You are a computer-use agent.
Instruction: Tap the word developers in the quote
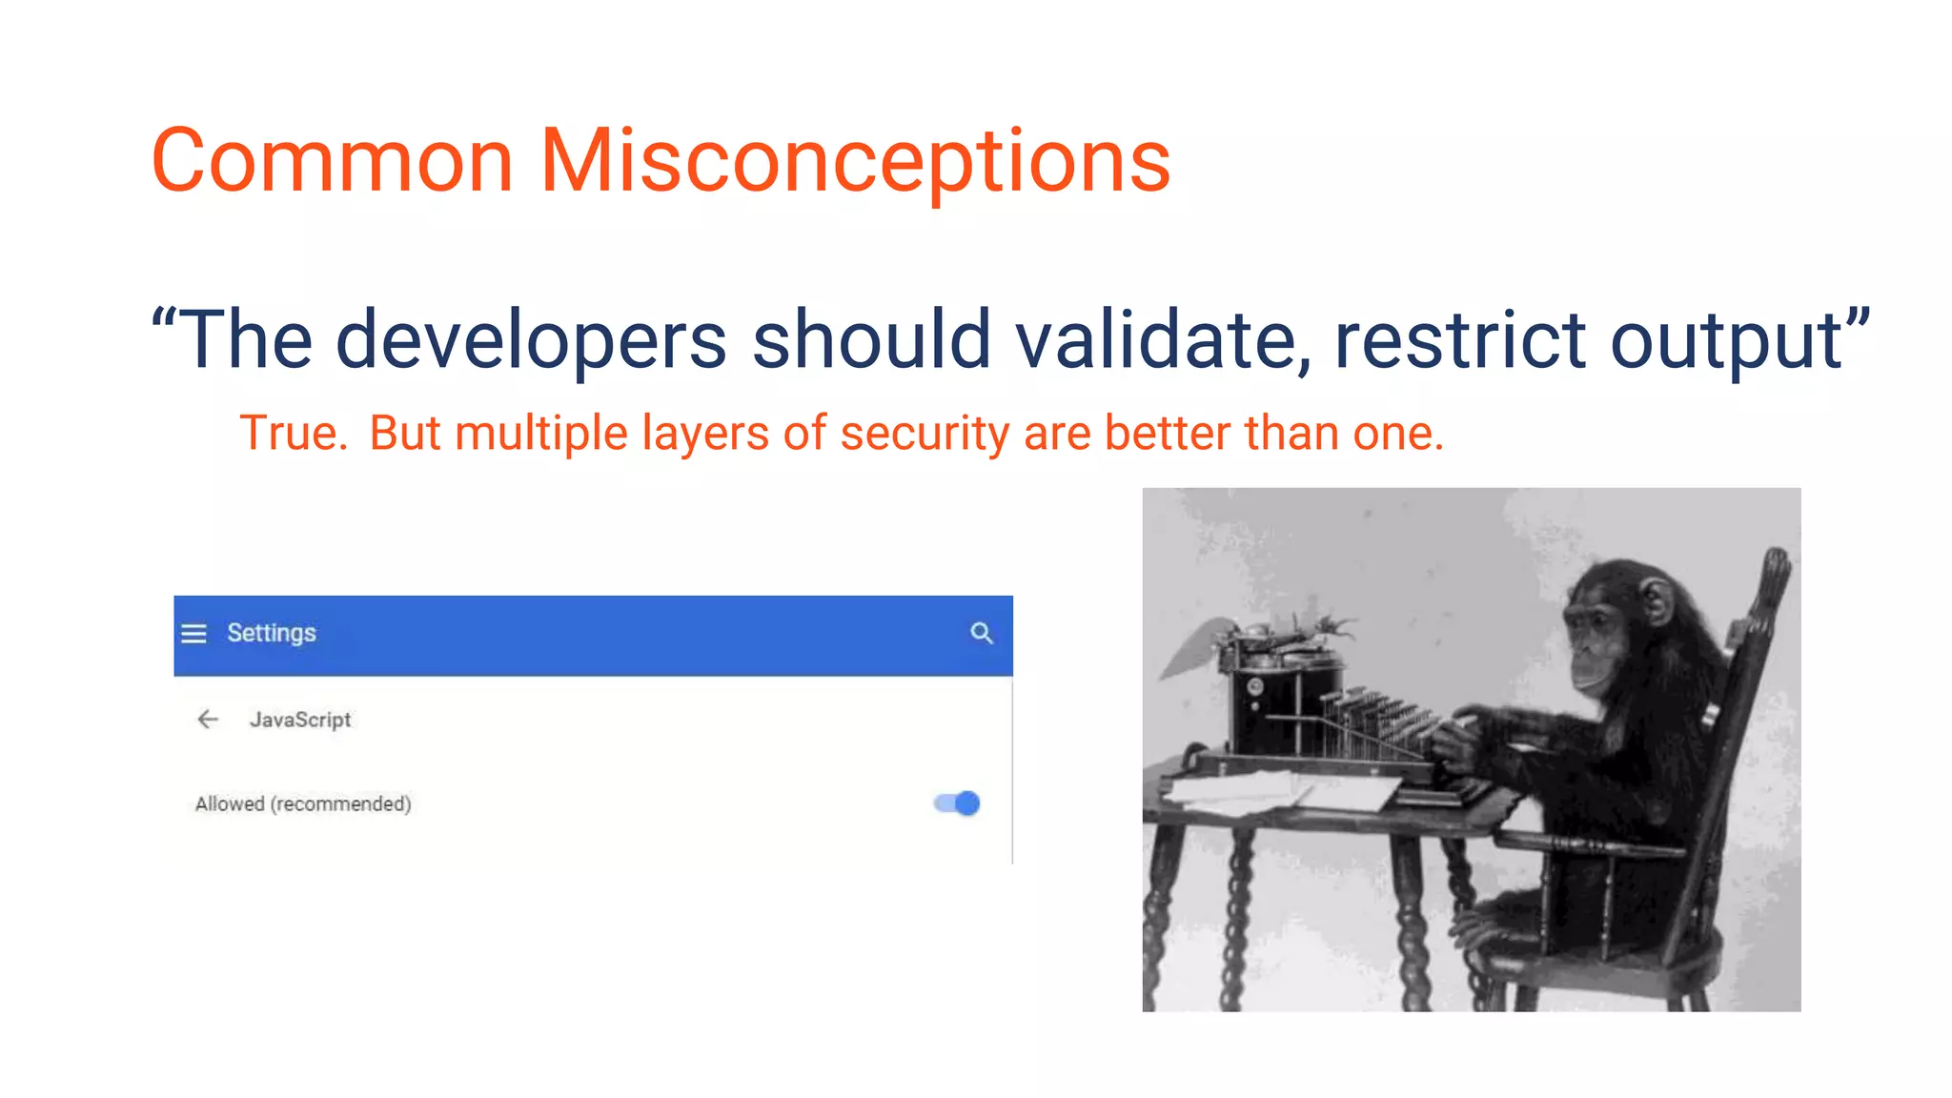coord(531,339)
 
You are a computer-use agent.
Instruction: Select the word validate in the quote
coord(1162,339)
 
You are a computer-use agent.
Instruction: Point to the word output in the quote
coord(1725,341)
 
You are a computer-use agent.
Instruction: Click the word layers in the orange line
coord(704,434)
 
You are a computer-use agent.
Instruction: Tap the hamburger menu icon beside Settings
coord(193,634)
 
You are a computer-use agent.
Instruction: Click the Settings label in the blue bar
coord(271,634)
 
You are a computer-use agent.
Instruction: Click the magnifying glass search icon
coord(981,633)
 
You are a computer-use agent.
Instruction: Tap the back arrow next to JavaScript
coord(208,720)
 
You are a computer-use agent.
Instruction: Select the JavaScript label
coord(300,720)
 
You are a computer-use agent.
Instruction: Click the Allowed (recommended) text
coord(303,803)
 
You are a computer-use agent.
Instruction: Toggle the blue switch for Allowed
coord(957,803)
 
